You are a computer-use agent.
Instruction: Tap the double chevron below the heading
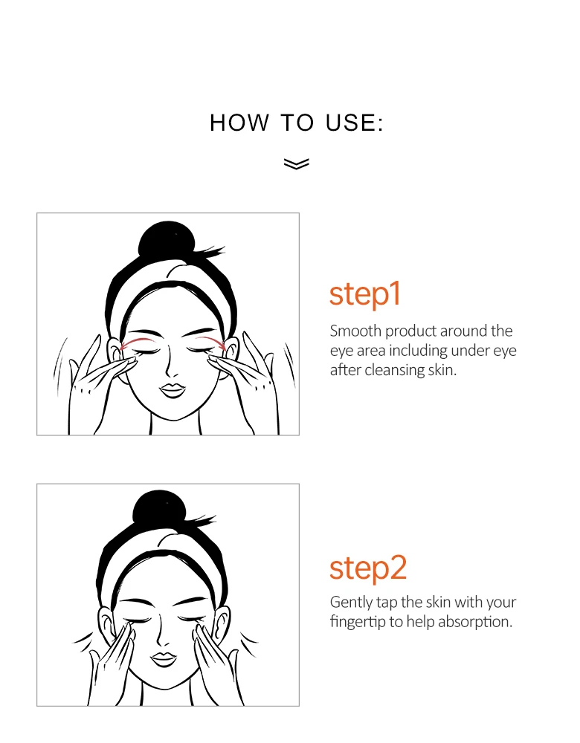click(297, 163)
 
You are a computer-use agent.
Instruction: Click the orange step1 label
click(365, 294)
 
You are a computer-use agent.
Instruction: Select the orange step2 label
click(368, 568)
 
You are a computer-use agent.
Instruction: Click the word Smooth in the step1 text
click(355, 331)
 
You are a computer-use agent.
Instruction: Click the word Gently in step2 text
click(351, 603)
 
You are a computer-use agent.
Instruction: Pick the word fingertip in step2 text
click(358, 622)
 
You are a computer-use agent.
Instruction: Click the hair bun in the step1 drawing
click(167, 241)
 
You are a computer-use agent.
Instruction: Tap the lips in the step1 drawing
click(172, 391)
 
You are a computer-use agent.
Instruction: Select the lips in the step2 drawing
click(164, 659)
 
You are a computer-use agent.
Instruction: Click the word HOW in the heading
click(239, 123)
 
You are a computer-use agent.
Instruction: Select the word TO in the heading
click(297, 123)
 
